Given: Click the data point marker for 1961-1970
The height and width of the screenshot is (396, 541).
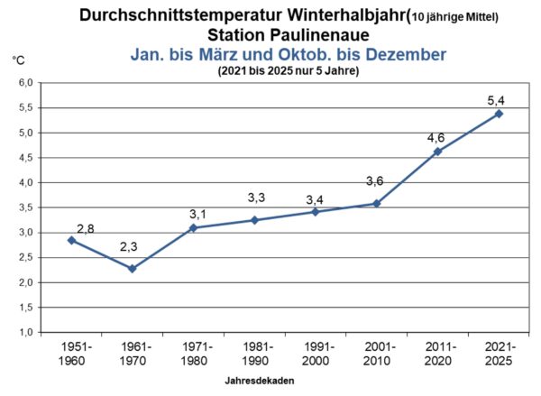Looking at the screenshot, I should (x=133, y=268).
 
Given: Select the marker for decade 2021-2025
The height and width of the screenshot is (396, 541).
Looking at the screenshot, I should (x=499, y=114).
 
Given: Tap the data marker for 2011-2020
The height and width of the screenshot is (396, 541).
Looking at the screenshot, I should (x=437, y=152).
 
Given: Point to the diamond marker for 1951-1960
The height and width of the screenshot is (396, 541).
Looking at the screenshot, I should (x=71, y=240).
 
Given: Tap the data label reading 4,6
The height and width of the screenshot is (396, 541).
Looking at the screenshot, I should (x=436, y=137).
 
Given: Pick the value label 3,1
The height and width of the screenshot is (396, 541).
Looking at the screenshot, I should (x=197, y=213).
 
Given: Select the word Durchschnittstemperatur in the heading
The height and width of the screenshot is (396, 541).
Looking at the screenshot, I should (x=170, y=14).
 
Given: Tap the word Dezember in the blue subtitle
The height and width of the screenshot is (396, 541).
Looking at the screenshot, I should (x=399, y=54).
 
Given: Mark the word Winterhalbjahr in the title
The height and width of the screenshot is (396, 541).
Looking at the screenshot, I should (x=328, y=14).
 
